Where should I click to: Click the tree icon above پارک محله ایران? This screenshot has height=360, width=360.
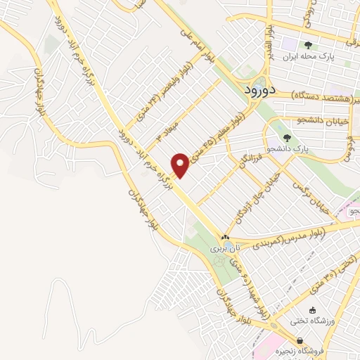308,44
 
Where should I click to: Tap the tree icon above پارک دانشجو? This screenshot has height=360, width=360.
286,137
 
